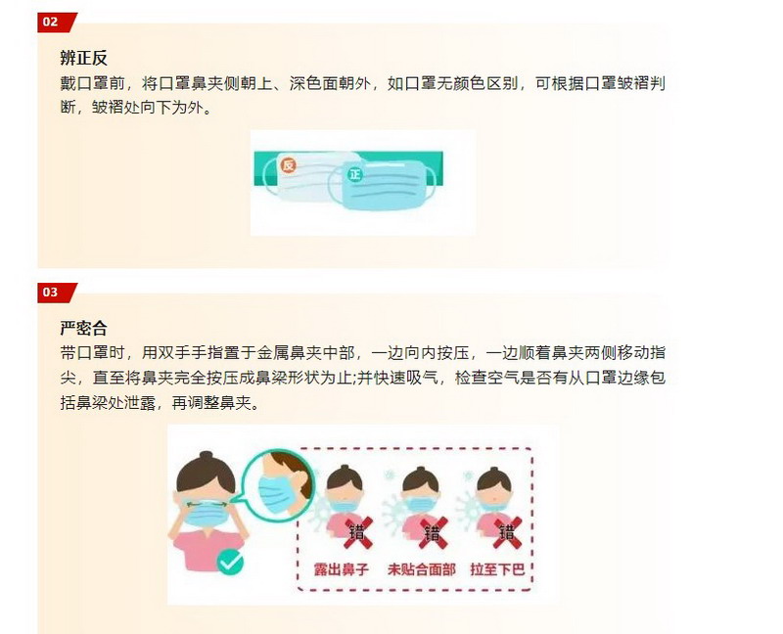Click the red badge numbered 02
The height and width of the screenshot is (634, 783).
[57, 23]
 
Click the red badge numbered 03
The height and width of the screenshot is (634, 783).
[57, 293]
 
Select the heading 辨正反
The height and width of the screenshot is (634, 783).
[83, 58]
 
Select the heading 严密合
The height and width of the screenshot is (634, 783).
[83, 328]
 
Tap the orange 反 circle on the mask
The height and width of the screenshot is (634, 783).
[288, 164]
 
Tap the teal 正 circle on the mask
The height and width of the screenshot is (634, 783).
[354, 174]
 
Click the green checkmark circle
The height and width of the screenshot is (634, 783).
[230, 562]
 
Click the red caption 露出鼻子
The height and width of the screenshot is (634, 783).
[341, 569]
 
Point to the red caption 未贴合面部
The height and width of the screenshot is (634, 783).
[422, 569]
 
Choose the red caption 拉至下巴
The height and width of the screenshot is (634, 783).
[497, 569]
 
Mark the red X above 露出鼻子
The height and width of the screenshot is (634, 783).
[358, 533]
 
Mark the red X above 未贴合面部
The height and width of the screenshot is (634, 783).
[433, 533]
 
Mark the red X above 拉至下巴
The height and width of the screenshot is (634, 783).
[507, 533]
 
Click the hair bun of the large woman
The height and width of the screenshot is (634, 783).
[206, 456]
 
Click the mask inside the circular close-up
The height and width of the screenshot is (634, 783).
[276, 495]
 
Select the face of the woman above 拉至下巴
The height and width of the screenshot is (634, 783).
[493, 496]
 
